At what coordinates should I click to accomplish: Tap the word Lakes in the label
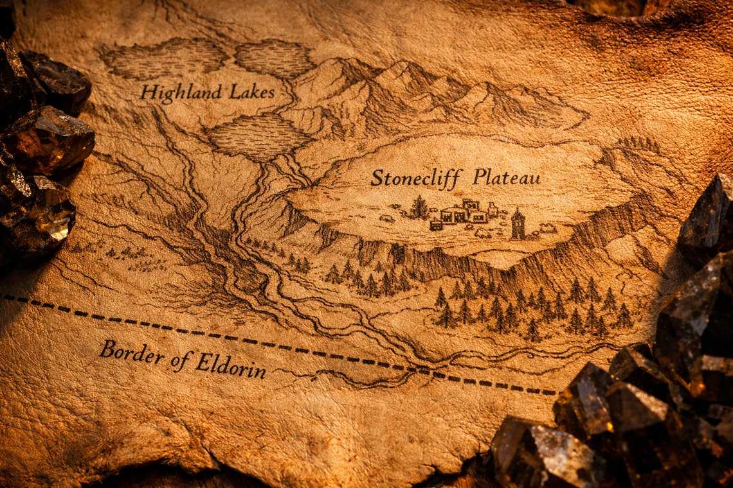(253, 92)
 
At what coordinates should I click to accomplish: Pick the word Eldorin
(230, 365)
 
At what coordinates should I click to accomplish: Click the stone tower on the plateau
(518, 224)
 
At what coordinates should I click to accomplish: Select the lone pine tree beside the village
(419, 207)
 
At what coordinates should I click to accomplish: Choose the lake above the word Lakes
(275, 58)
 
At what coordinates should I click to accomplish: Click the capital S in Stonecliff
(377, 177)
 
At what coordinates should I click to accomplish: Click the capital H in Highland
(148, 93)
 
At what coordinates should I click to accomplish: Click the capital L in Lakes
(233, 91)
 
